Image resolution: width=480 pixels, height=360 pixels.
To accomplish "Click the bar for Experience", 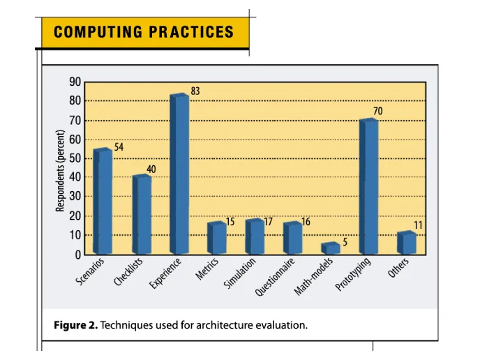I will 179,174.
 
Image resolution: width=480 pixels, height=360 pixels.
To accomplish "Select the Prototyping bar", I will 368,187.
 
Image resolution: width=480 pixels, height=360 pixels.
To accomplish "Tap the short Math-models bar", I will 330,248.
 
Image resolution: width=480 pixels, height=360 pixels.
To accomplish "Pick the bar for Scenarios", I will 103,202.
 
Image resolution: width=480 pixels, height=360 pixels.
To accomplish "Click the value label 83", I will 195,91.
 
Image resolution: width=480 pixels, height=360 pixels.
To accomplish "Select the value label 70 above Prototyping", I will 377,111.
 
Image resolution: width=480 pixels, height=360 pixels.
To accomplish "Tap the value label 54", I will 119,147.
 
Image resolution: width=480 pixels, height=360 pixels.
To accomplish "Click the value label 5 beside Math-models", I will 345,241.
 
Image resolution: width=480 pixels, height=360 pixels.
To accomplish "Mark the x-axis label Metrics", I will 207,269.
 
